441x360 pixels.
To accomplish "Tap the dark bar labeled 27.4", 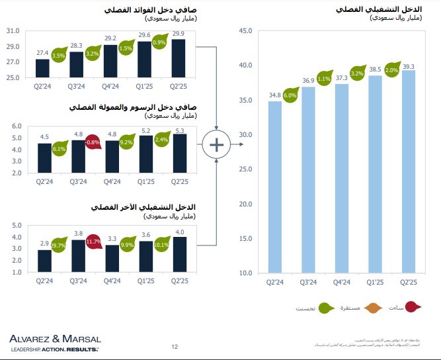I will [42, 68].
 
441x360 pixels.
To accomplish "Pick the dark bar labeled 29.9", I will [179, 58].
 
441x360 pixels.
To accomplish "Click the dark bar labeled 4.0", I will [179, 255].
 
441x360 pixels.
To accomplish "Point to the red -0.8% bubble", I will [93, 142].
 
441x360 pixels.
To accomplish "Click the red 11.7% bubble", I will [93, 242].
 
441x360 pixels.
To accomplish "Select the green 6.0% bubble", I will [290, 95].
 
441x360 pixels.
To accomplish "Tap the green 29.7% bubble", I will [59, 245].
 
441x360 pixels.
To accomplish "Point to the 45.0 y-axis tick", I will [245, 30].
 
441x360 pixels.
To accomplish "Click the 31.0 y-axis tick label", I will [12, 31].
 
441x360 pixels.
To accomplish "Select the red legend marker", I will [415, 307].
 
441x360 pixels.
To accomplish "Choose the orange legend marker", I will [370, 307].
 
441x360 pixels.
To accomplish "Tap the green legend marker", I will [326, 307].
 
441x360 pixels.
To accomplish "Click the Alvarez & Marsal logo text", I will [55, 339].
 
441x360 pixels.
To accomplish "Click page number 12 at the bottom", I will [175, 346].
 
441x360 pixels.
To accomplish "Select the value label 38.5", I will [376, 68].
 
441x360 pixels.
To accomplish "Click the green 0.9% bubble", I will [159, 42].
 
